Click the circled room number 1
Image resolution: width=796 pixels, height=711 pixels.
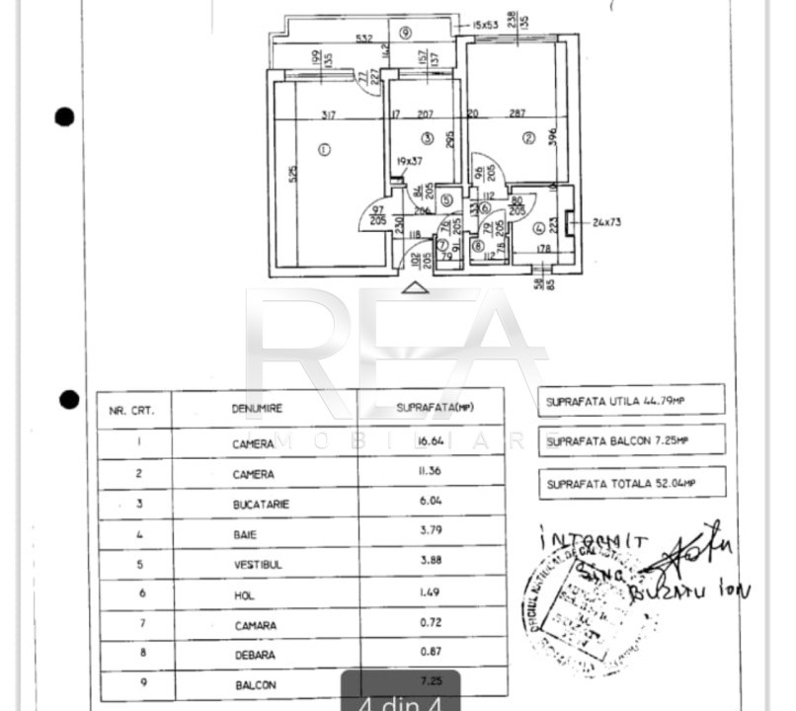(x=325, y=149)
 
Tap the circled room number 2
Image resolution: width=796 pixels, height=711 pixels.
(x=528, y=138)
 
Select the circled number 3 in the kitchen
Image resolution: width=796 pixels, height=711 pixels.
(x=427, y=137)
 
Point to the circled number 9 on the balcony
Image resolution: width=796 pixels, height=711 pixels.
(x=405, y=32)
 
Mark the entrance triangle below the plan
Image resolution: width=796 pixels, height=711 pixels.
(x=416, y=287)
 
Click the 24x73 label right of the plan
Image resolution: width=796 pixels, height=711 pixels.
(x=606, y=221)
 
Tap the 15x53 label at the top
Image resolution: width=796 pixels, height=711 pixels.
(x=487, y=24)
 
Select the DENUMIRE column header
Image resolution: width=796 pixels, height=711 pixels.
(x=257, y=408)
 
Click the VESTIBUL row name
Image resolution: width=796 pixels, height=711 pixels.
(x=255, y=565)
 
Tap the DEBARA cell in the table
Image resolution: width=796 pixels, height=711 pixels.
(x=255, y=655)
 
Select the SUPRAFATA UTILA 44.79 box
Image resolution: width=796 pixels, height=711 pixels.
(x=632, y=400)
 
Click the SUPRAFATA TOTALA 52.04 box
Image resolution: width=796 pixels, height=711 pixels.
(x=632, y=483)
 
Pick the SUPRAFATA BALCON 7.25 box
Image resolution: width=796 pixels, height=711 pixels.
(x=632, y=440)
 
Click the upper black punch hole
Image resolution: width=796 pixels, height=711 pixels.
(x=64, y=118)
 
